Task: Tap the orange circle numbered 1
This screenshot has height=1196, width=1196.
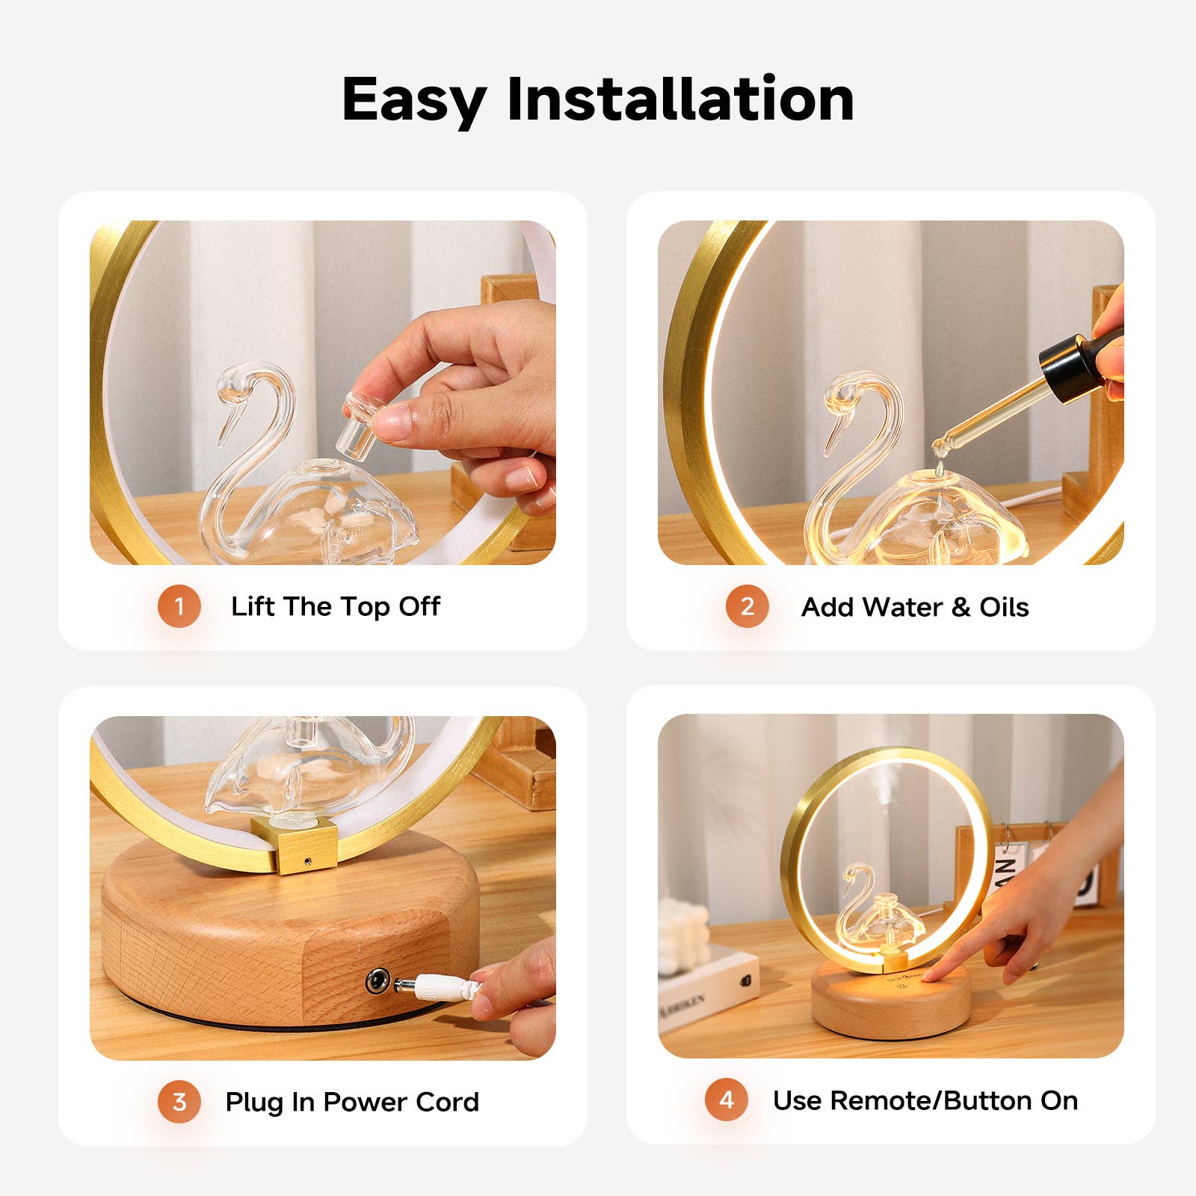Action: [179, 605]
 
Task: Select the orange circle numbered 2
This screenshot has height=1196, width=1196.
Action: [747, 606]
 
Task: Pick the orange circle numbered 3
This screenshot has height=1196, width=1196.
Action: [179, 1101]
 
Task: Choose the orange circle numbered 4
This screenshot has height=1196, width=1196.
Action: [727, 1100]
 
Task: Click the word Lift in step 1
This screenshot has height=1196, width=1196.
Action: [253, 606]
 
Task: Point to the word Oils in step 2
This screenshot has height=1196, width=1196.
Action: [1004, 607]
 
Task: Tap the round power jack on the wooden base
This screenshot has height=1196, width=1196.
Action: [377, 981]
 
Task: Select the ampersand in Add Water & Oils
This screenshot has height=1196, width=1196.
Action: [961, 607]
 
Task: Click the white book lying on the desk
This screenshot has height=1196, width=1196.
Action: [706, 987]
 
